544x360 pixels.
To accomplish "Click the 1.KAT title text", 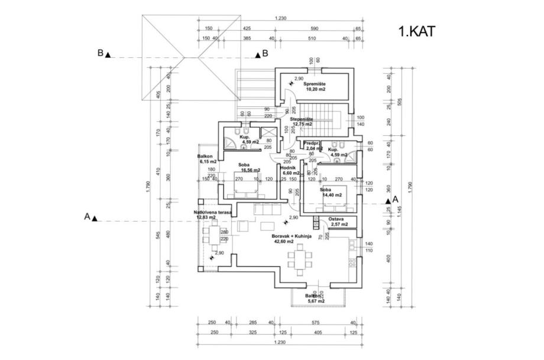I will [x=417, y=31].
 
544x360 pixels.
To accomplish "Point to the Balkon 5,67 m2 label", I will [x=315, y=299].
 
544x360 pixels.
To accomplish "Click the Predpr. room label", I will [x=312, y=144].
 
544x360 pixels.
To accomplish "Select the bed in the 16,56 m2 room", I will [x=244, y=190].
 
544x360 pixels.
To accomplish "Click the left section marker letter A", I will [x=86, y=217].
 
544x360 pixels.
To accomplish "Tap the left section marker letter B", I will [x=101, y=53].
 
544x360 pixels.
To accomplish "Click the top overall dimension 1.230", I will [x=280, y=18].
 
